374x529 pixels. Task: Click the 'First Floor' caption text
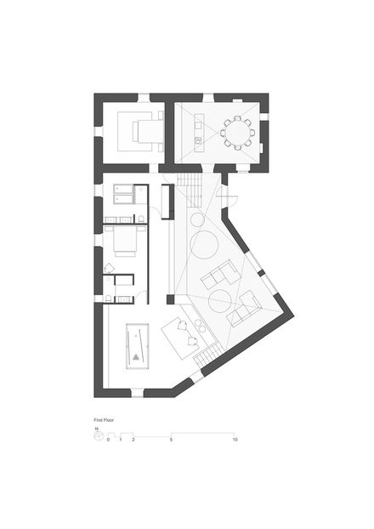tap(104, 420)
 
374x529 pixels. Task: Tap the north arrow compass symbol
tap(98, 435)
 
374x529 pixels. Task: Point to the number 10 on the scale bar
tap(235, 440)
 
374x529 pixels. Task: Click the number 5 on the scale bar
tap(172, 440)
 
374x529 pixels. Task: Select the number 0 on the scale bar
tap(108, 440)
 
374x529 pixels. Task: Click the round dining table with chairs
tap(238, 133)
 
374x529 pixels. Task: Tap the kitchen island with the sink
tap(199, 133)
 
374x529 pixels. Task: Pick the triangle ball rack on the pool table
tap(136, 357)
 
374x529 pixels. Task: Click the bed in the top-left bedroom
tap(147, 131)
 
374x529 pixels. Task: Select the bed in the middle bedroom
tap(125, 241)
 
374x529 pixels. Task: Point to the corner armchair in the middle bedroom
tap(109, 268)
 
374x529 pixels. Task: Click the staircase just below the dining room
tap(190, 190)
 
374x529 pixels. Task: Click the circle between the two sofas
tap(220, 301)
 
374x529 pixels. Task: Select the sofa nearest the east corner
tap(244, 309)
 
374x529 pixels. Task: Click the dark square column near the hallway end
tap(171, 299)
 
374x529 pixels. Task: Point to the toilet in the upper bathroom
tap(141, 219)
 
